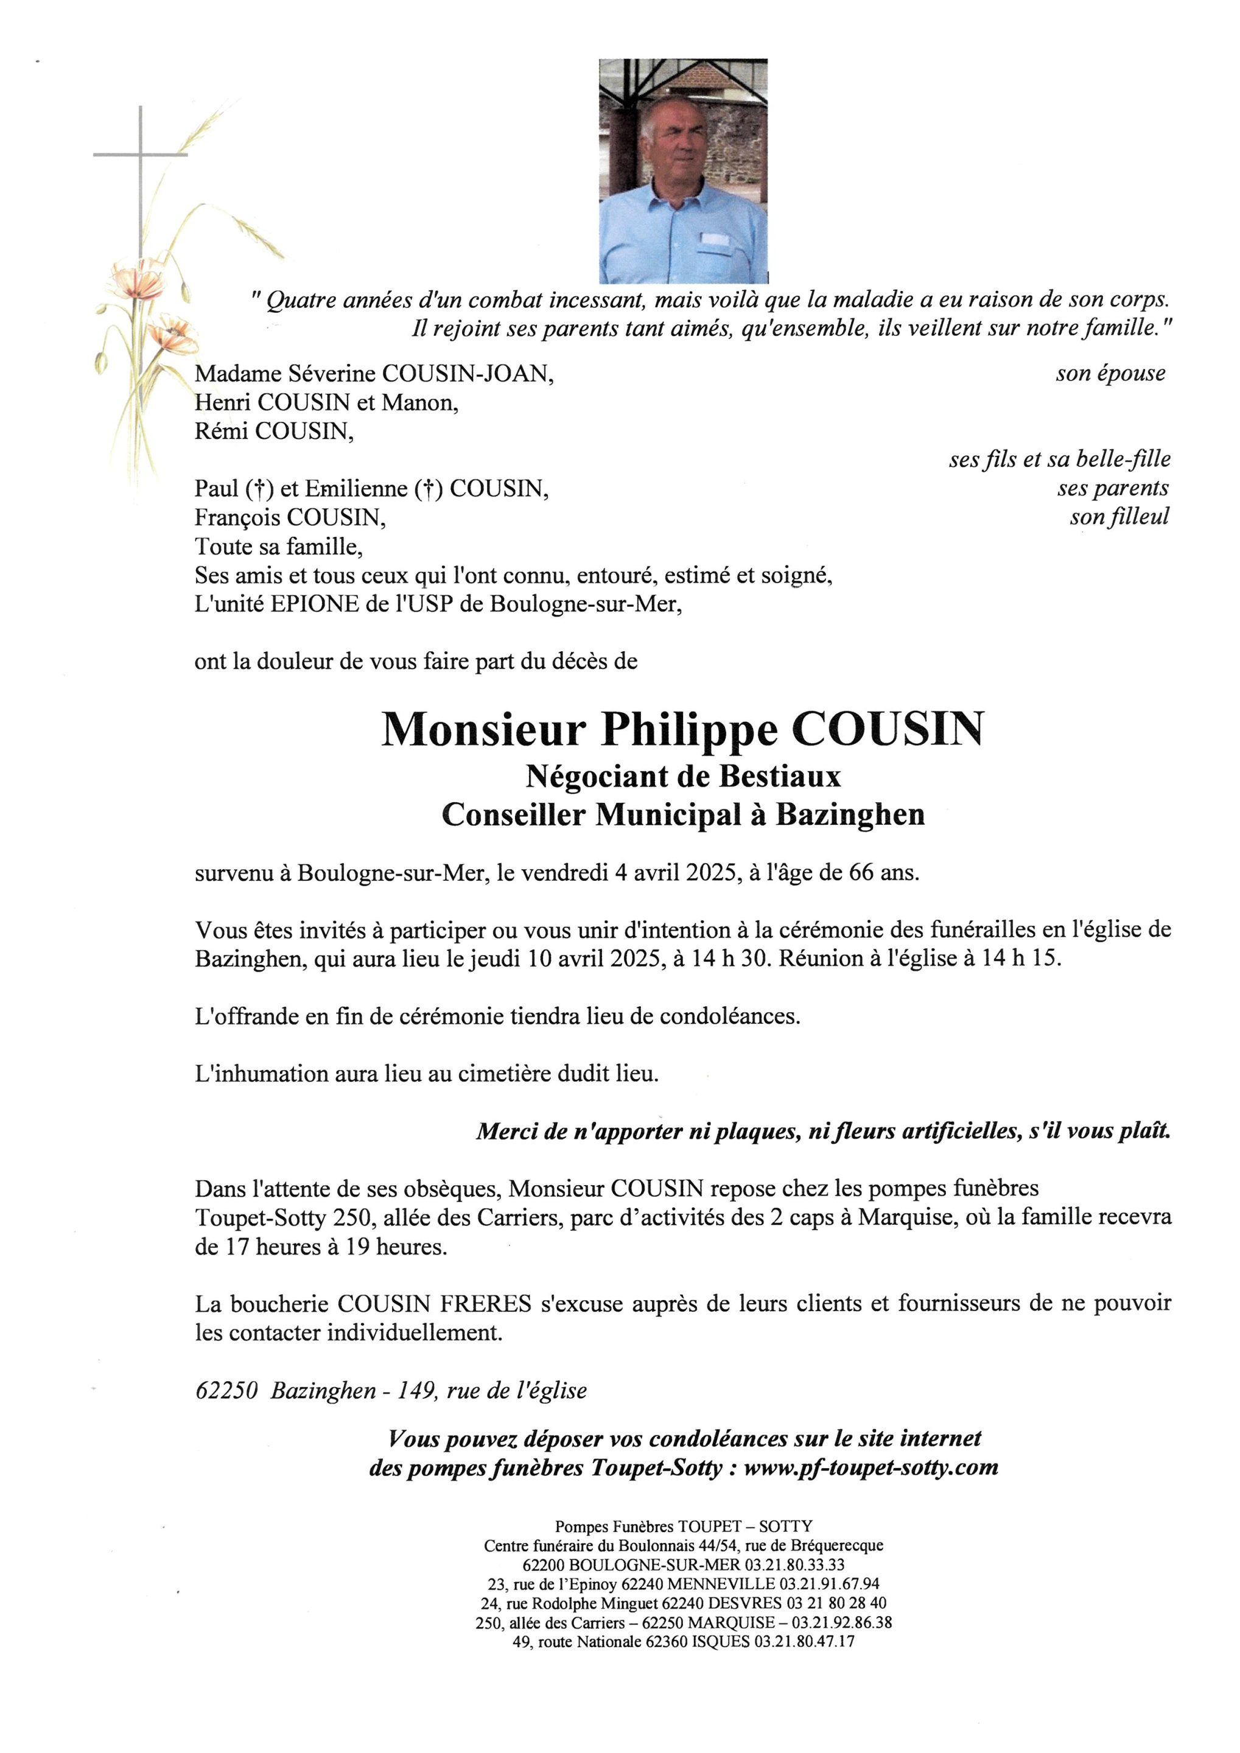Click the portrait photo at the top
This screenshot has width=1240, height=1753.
(684, 171)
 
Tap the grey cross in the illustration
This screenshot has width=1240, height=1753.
(141, 155)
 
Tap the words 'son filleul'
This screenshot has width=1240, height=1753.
(1119, 517)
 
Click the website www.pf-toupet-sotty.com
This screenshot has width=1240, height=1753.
(870, 1468)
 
